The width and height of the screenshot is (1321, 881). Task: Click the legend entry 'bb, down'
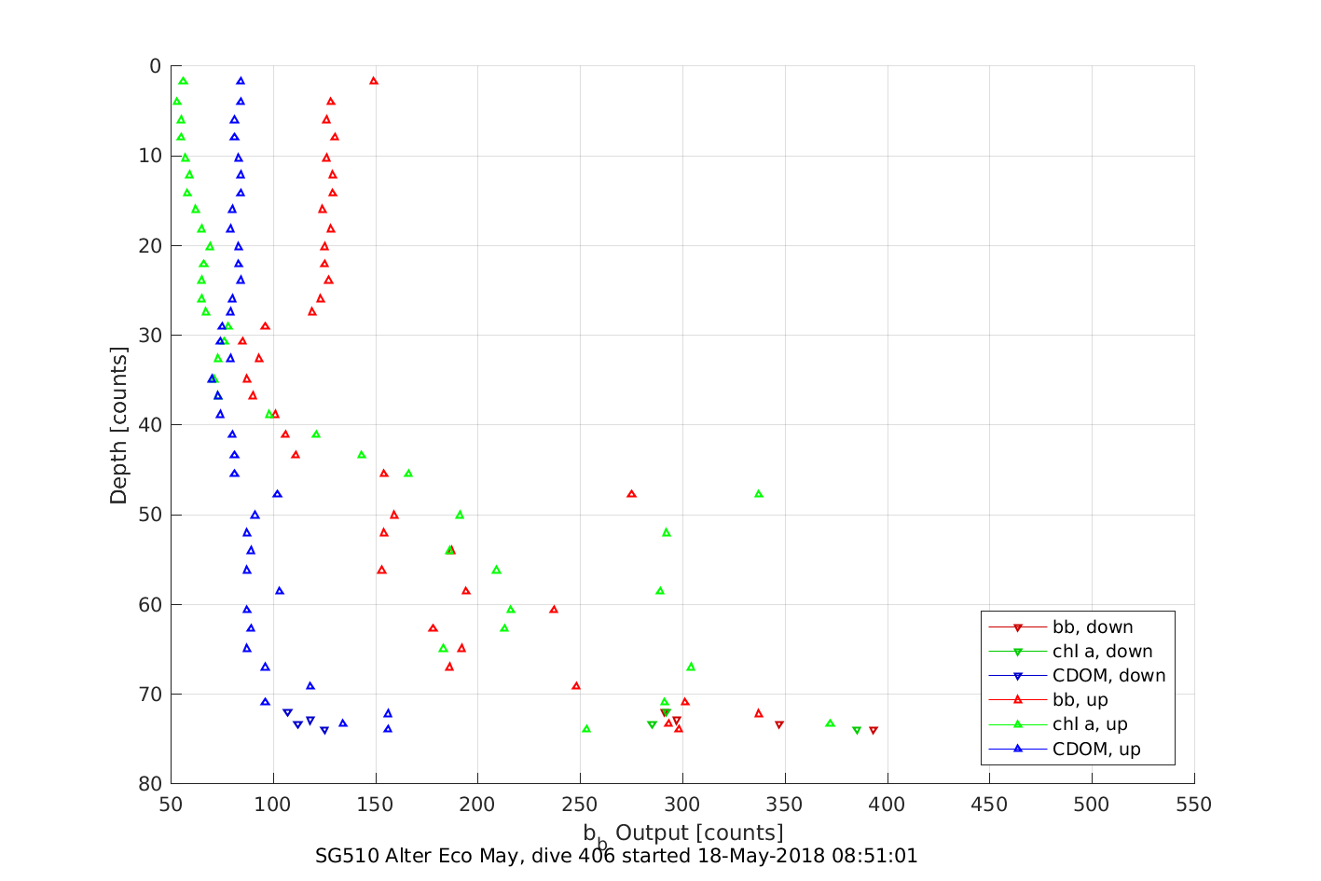click(x=1093, y=627)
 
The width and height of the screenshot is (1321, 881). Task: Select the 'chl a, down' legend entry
click(x=1102, y=652)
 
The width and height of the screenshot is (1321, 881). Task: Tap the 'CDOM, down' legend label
click(x=1108, y=676)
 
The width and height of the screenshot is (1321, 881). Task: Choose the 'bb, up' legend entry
click(x=1080, y=700)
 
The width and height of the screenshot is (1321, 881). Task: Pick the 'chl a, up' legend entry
click(x=1090, y=724)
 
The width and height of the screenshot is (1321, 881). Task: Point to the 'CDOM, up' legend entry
click(x=1096, y=750)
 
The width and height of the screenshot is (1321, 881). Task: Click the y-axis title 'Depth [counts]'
click(x=118, y=425)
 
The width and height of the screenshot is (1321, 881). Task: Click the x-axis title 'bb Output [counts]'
click(x=683, y=833)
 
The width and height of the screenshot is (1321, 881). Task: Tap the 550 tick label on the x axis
click(x=1194, y=805)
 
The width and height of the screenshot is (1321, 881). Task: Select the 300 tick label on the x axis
click(x=682, y=805)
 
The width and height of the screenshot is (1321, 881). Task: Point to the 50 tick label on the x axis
click(x=171, y=805)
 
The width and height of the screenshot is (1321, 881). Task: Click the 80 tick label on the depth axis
click(x=150, y=784)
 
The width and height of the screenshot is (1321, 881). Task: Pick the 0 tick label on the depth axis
click(x=155, y=66)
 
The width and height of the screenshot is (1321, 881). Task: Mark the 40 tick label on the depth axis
click(x=150, y=425)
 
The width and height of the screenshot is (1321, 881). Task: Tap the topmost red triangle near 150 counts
click(x=374, y=81)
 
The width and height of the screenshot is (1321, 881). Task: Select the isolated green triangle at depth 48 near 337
click(x=759, y=494)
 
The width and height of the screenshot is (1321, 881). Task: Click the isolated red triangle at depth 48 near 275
click(x=632, y=494)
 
